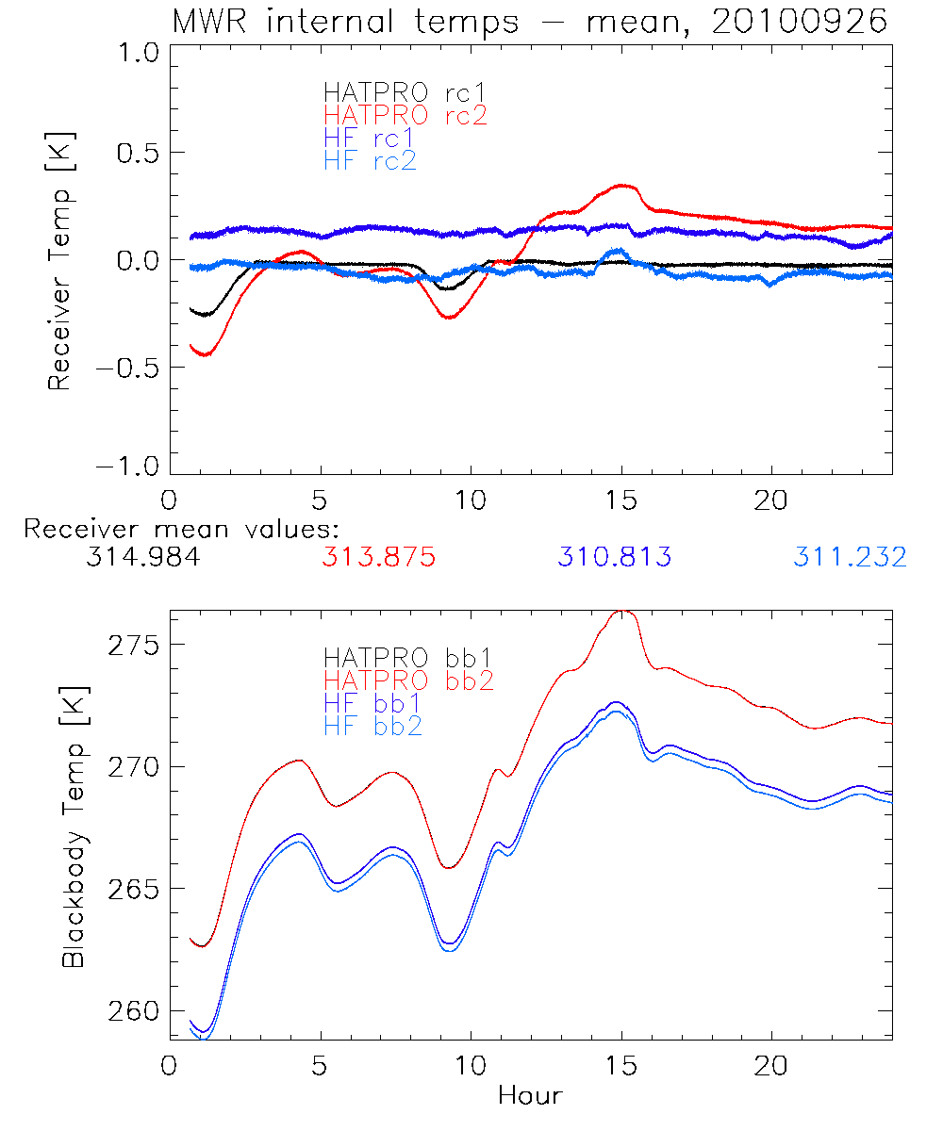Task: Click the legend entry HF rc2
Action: click(370, 160)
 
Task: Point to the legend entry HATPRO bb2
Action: click(408, 679)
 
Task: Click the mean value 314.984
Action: click(142, 557)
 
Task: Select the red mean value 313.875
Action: click(378, 557)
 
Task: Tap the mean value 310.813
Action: click(614, 557)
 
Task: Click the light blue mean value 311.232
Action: click(850, 557)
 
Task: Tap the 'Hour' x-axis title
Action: click(530, 1095)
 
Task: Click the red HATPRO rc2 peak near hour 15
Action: click(620, 186)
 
